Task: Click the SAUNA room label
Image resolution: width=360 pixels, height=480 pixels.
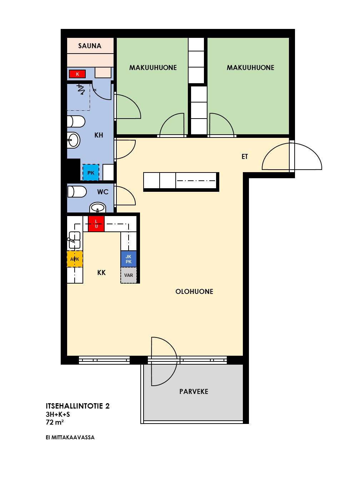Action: pos(90,46)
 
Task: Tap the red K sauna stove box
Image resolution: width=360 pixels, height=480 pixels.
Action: pos(77,74)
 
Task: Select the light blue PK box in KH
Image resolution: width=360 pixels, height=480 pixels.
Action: pos(91,172)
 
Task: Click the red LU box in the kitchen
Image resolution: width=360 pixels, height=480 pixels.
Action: pos(96,224)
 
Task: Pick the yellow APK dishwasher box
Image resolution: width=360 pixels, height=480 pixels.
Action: pos(75,259)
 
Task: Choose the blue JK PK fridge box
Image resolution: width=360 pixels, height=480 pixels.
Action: pos(129,259)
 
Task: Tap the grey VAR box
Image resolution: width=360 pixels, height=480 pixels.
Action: pos(129,275)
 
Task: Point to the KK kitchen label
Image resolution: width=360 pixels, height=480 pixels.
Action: pos(101,272)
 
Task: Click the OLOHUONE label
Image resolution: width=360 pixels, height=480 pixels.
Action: pos(194,291)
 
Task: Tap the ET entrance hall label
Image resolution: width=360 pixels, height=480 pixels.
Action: pos(245,156)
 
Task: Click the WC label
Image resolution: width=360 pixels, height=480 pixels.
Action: pos(103,192)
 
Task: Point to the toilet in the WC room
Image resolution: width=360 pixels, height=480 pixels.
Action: pos(77,192)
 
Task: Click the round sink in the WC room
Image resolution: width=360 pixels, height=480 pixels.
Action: pos(98,207)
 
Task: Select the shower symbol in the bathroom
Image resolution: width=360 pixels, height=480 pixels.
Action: pos(81,89)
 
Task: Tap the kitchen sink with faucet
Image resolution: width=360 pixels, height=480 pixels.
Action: pos(74,240)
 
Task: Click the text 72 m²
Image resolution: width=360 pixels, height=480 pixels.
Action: pos(55,422)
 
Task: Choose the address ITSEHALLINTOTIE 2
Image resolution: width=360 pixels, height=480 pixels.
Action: pos(77,406)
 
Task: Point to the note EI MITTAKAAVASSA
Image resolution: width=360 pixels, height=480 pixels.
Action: pos(70,437)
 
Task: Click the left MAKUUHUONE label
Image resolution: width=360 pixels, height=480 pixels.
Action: pos(153,67)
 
